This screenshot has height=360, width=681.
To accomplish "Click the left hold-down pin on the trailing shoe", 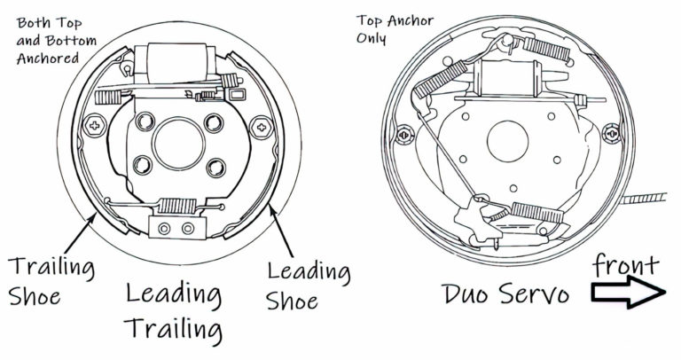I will tap(92, 123).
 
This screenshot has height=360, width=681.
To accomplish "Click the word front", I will tap(626, 263).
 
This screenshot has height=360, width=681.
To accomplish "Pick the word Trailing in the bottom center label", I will tap(173, 329).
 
